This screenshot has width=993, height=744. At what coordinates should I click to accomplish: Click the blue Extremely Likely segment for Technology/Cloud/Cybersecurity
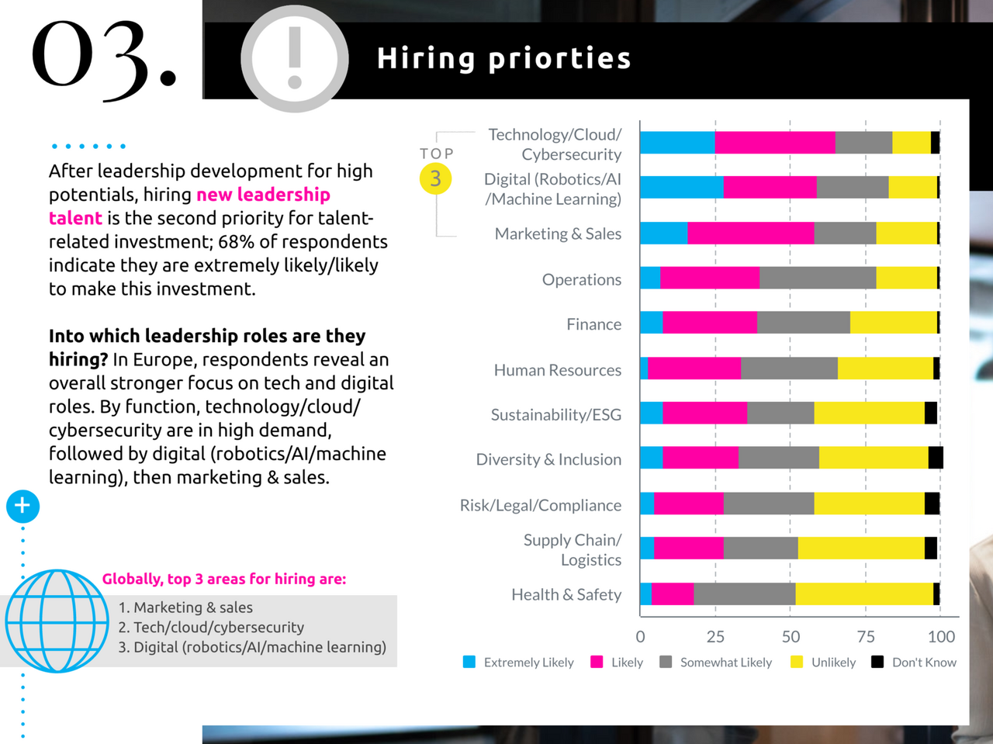(x=677, y=143)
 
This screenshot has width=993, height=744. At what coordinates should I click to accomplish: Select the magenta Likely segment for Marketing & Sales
(x=750, y=234)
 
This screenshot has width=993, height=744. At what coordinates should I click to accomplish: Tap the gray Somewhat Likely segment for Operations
(x=818, y=278)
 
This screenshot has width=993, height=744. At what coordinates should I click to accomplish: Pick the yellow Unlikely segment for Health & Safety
(x=864, y=594)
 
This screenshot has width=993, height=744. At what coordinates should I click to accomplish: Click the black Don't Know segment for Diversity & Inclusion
(x=936, y=458)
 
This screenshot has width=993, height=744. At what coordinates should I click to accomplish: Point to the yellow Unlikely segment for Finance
(x=894, y=323)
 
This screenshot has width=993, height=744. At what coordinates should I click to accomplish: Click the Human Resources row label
(x=557, y=370)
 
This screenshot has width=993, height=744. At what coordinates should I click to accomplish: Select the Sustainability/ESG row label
(x=555, y=415)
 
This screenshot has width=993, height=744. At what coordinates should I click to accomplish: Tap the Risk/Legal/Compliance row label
(x=540, y=505)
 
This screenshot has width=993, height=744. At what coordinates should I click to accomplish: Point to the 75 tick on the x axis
(x=866, y=637)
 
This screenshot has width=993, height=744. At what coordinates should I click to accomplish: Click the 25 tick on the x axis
(x=715, y=637)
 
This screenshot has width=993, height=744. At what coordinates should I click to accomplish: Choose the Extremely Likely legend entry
(x=518, y=663)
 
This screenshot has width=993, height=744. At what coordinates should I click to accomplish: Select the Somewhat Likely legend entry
(x=715, y=663)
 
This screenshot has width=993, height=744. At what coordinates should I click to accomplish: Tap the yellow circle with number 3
(x=435, y=178)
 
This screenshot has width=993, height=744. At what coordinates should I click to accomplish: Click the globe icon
(x=57, y=621)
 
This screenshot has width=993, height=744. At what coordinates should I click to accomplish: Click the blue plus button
(x=22, y=506)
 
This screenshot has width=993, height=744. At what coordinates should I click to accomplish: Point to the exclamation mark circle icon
(x=294, y=59)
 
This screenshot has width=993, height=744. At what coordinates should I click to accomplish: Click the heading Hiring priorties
(x=503, y=59)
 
